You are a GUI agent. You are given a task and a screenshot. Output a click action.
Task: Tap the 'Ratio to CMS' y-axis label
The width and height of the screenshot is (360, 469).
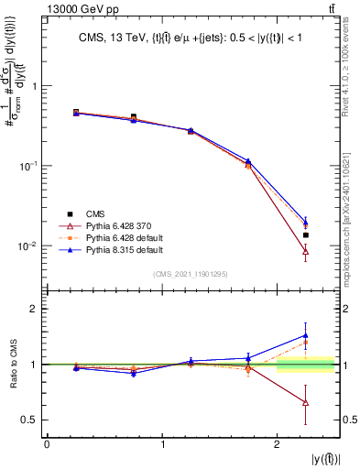(11, 366)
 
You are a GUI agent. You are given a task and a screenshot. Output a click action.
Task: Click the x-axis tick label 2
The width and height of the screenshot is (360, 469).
(277, 445)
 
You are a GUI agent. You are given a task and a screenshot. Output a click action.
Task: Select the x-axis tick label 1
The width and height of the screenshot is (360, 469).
(162, 445)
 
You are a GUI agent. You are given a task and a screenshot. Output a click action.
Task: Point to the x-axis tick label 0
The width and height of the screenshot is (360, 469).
(47, 445)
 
